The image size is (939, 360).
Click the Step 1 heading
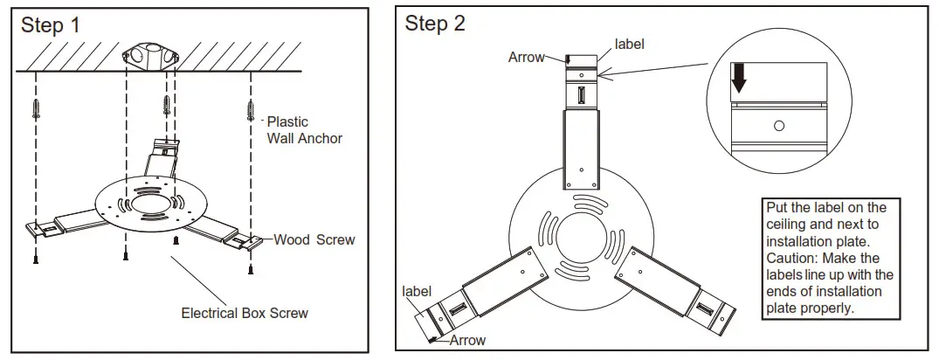point(51,25)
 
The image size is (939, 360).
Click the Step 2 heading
point(434,24)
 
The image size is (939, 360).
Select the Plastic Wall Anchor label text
point(304,130)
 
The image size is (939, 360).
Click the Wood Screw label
point(314,239)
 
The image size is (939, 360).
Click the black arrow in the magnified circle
point(739,80)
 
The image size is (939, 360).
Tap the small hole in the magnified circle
point(779,126)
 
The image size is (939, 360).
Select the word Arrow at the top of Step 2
point(526,58)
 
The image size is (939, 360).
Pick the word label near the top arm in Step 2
point(630,43)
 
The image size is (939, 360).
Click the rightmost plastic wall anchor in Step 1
point(252,109)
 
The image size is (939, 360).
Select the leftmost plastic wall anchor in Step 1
point(37,109)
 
